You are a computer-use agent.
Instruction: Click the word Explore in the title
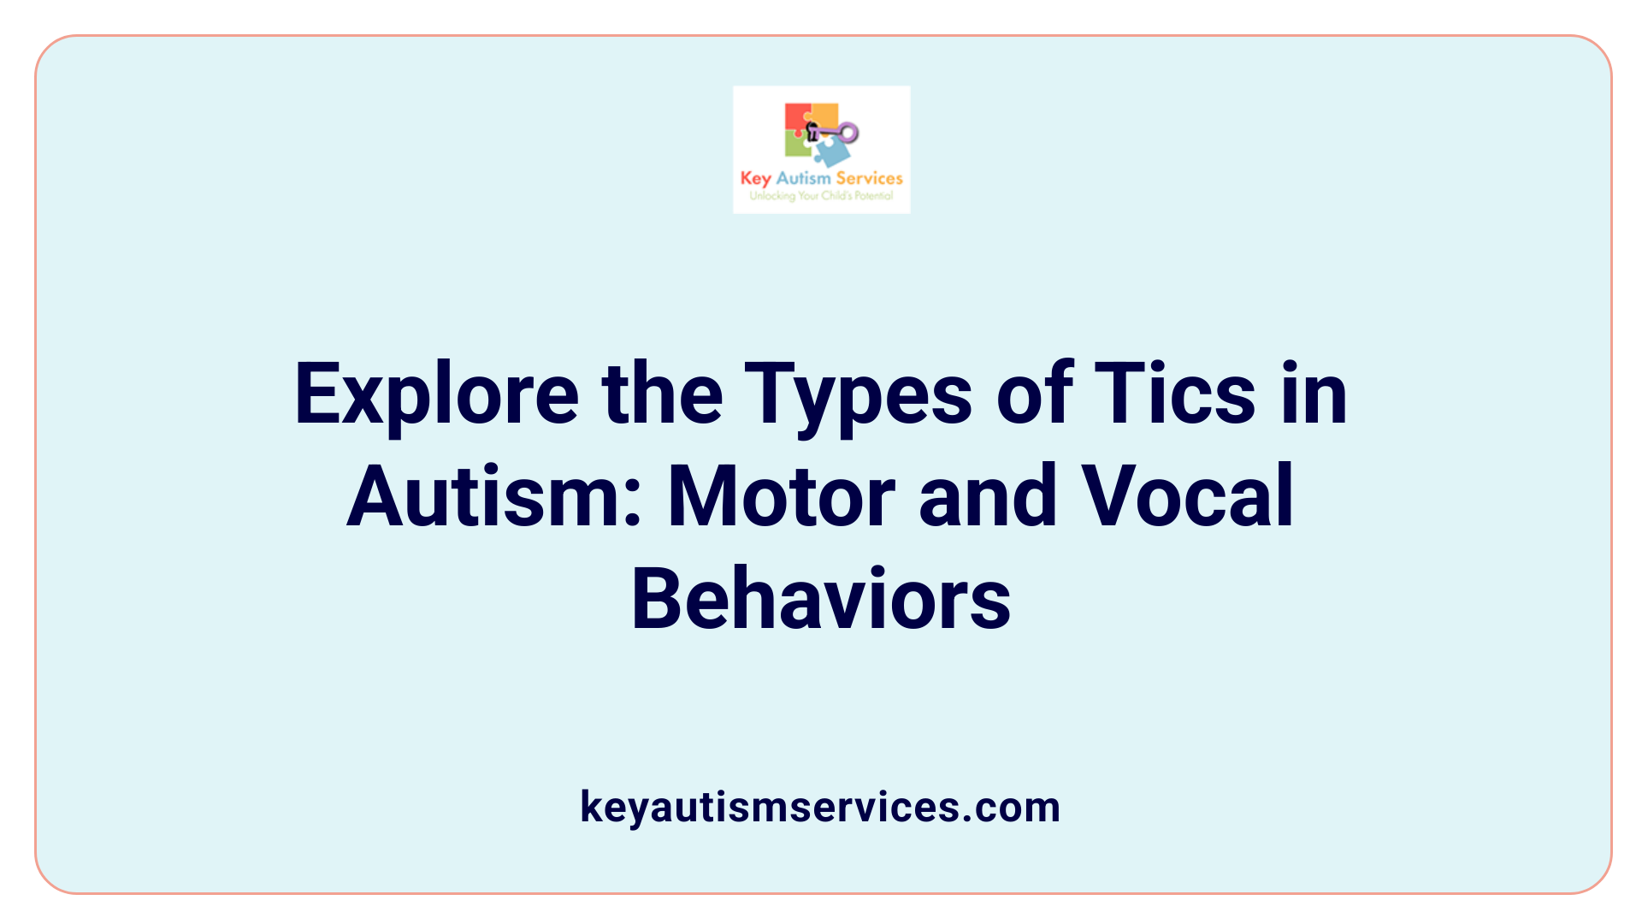click(x=437, y=394)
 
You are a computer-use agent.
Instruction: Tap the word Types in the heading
click(x=858, y=394)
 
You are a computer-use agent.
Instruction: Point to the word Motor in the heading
click(x=781, y=497)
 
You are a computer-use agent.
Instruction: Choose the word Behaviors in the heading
click(x=821, y=600)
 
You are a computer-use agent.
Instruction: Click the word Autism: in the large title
click(x=495, y=497)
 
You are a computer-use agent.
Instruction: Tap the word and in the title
click(x=988, y=497)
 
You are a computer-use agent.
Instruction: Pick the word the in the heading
click(x=662, y=394)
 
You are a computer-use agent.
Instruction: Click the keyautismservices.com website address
click(x=820, y=807)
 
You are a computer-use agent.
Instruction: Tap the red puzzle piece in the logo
click(x=797, y=118)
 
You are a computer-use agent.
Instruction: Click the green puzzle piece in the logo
click(x=797, y=146)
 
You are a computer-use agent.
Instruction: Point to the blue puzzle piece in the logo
click(x=831, y=152)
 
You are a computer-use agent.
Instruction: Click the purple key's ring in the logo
click(x=848, y=132)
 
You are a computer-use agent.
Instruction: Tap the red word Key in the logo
click(x=756, y=178)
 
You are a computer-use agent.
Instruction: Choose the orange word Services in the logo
click(x=869, y=178)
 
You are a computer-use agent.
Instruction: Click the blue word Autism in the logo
click(x=803, y=178)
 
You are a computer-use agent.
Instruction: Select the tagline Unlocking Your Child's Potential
click(x=821, y=196)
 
